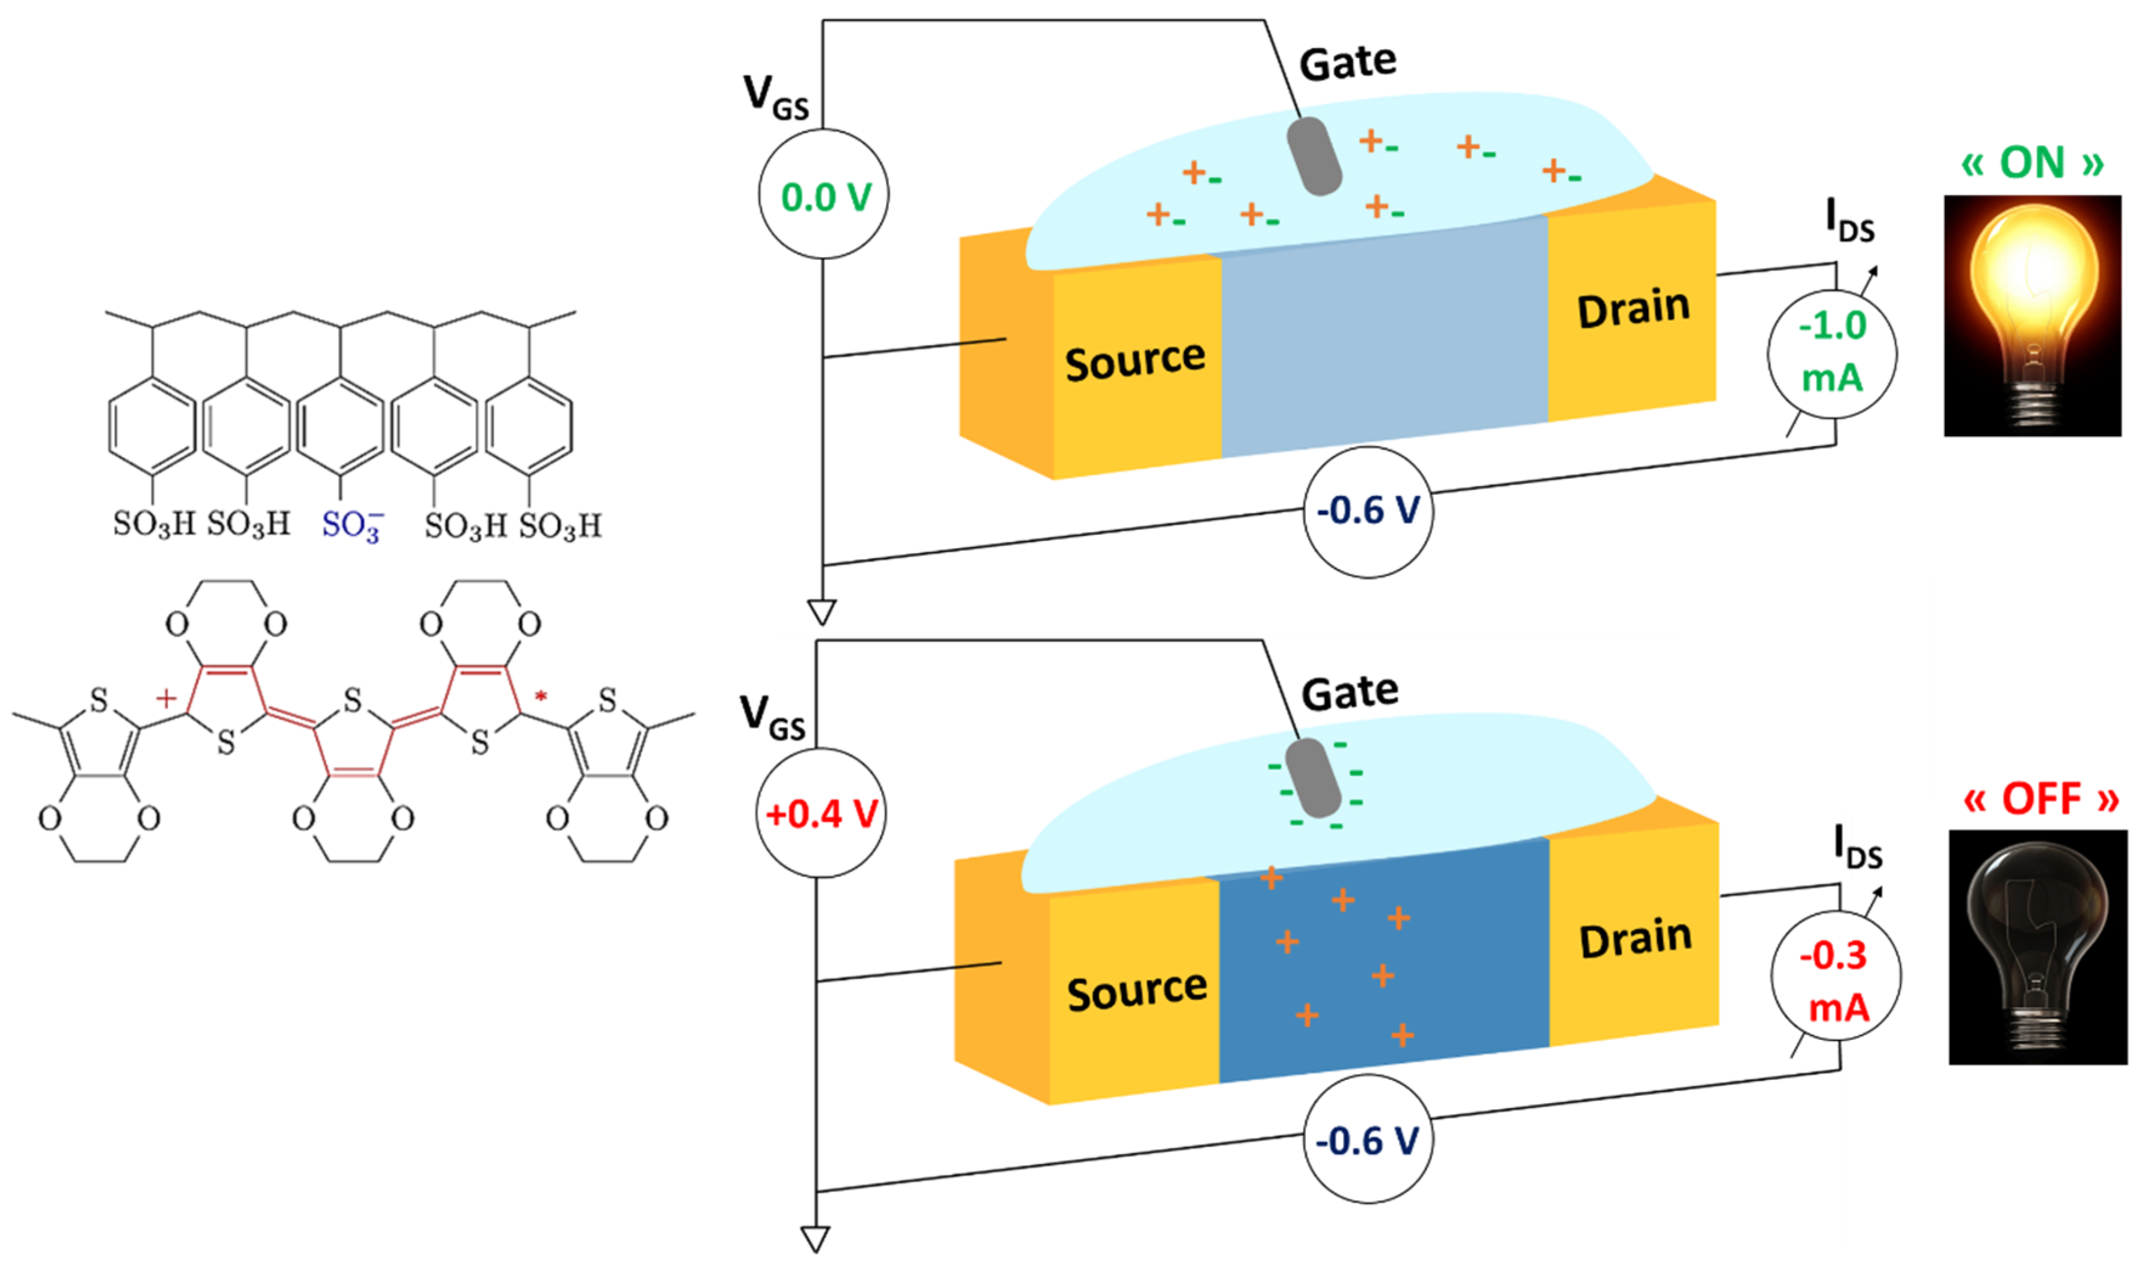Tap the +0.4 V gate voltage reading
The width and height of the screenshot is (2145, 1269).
tap(821, 813)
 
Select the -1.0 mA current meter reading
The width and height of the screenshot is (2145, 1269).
tap(1832, 351)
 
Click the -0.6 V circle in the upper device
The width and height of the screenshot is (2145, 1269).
tap(1367, 511)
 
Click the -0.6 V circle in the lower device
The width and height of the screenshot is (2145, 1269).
tap(1367, 1141)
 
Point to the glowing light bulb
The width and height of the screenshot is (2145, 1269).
tap(2032, 315)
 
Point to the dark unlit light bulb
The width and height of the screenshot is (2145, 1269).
tap(2037, 947)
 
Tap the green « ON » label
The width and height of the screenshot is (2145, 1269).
tap(2032, 162)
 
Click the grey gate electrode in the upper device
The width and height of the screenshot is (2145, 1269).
tap(1314, 156)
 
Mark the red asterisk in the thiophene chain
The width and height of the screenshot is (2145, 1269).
tap(540, 698)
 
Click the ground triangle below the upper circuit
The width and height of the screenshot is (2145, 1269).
tap(822, 612)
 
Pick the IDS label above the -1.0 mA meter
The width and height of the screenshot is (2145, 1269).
tap(1849, 220)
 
